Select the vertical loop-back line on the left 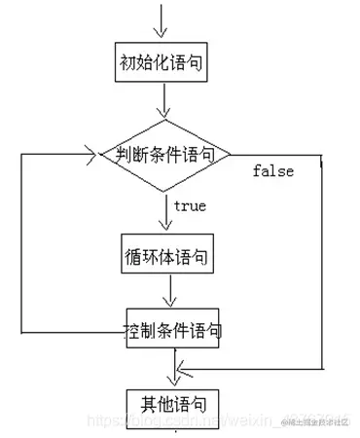pyautogui.click(x=21, y=243)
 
